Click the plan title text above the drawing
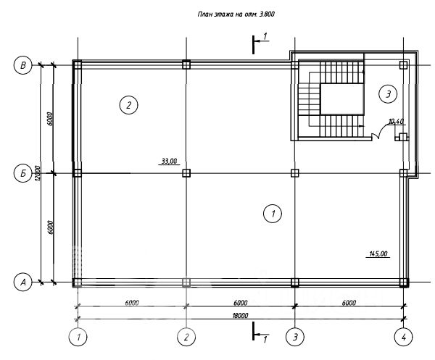pyautogui.click(x=236, y=14)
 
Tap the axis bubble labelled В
pyautogui.click(x=23, y=65)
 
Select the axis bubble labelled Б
pyautogui.click(x=23, y=174)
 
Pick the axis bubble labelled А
pyautogui.click(x=23, y=282)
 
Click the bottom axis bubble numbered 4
pyautogui.click(x=404, y=338)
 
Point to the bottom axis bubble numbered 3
pyautogui.click(x=295, y=338)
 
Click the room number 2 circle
pyautogui.click(x=129, y=105)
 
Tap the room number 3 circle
pyautogui.click(x=388, y=94)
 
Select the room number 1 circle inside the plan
pyautogui.click(x=273, y=214)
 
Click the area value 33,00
pyautogui.click(x=169, y=161)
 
